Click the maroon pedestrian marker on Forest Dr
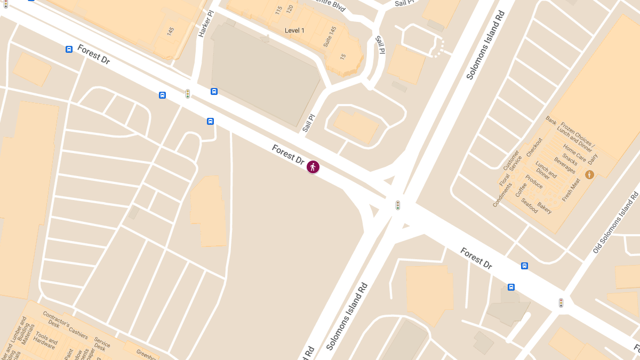point(313,167)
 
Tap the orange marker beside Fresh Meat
point(589,174)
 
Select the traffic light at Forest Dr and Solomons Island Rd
point(397,205)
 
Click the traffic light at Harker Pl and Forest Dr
point(188,94)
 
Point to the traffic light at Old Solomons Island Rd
point(561,303)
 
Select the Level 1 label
point(294,30)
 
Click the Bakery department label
point(545,207)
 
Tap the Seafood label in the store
point(530,205)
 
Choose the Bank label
point(551,121)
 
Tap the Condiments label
point(502,195)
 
